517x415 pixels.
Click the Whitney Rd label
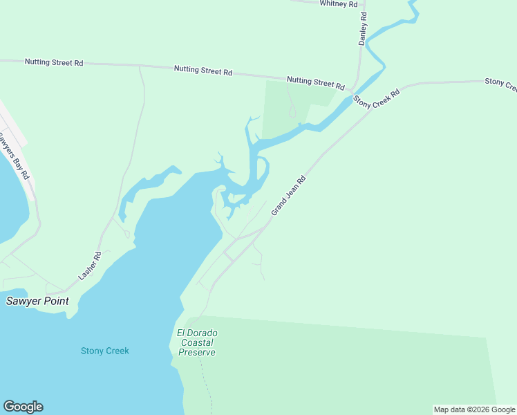[339, 4]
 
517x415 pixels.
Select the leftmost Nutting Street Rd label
[54, 62]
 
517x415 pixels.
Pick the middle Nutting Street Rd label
[203, 71]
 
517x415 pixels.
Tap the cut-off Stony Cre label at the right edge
[500, 83]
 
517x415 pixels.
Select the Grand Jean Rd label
[288, 195]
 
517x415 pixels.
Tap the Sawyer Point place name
[38, 301]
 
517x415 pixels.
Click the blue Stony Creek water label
[105, 351]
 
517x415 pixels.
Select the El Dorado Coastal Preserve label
[197, 342]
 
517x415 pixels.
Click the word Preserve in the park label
[197, 352]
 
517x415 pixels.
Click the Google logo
[23, 407]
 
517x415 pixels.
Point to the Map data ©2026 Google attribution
[474, 409]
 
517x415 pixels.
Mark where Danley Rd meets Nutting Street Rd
[354, 90]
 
